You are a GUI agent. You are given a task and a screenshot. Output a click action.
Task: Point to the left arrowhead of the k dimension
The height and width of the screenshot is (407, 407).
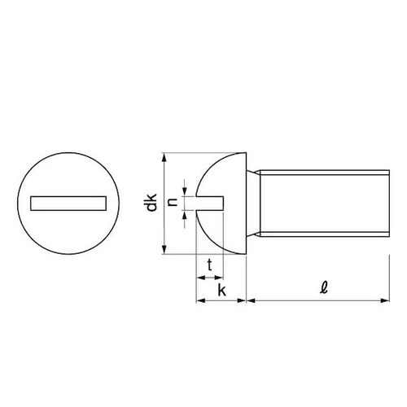coord(200,301)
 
